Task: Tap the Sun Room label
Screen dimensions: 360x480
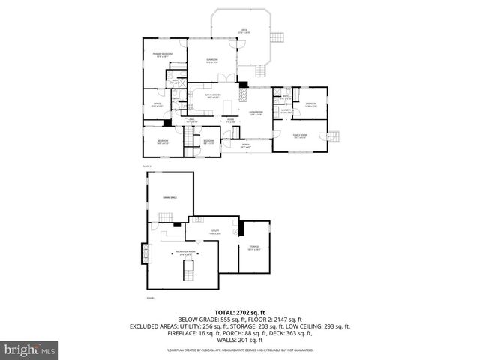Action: [212, 61]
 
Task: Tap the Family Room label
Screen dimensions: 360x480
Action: [301, 136]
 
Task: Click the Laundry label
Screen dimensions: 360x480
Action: [286, 111]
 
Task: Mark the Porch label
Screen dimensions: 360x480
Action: [246, 147]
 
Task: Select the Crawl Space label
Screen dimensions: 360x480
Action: [169, 197]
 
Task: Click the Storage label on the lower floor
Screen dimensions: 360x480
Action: [254, 248]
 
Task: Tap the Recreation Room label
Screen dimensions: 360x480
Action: [185, 253]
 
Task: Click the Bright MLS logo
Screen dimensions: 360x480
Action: [29, 349]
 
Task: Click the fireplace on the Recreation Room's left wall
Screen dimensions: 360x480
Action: [145, 255]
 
